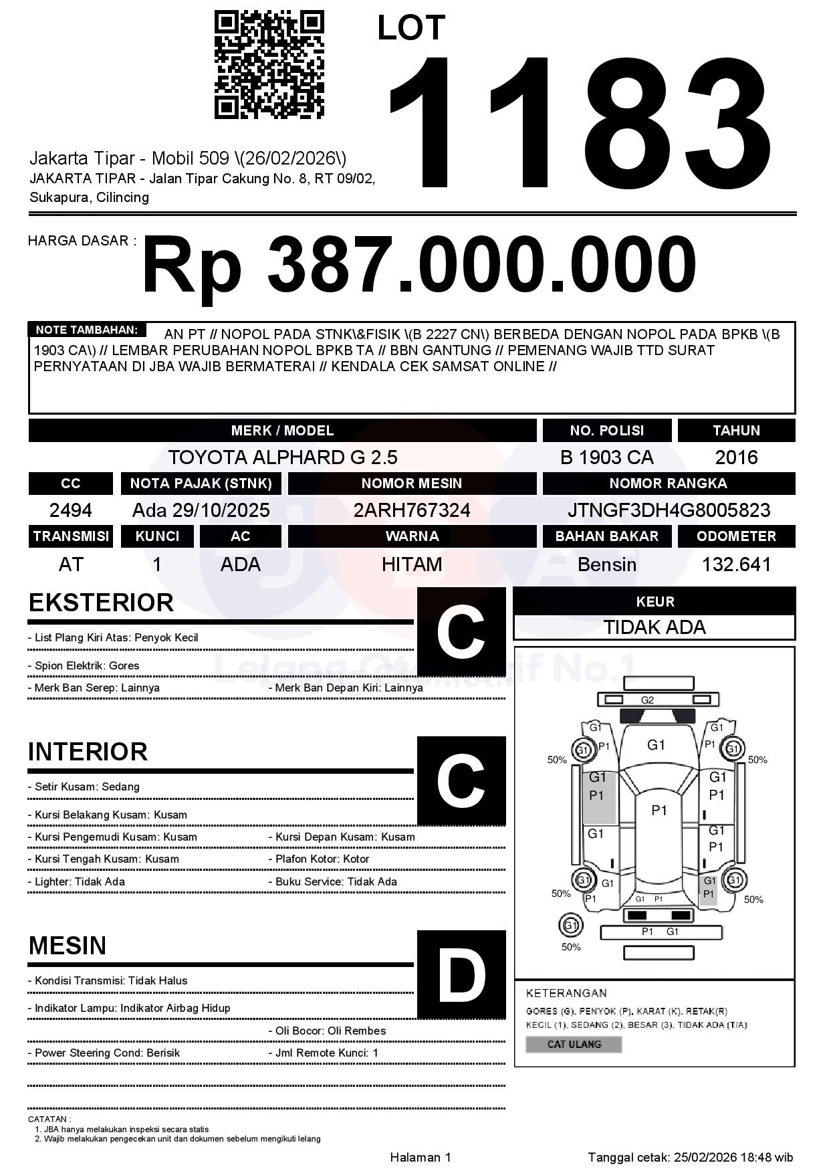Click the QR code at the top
coord(269,65)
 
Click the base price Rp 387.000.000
coord(419,265)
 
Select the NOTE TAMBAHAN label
coord(86,330)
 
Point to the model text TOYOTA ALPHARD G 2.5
coord(282,457)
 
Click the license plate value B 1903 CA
coord(606,457)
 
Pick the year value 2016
coord(736,457)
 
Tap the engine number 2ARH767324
coord(412,510)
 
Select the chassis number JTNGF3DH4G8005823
coord(669,510)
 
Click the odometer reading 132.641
coord(736,564)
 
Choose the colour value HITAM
coord(412,564)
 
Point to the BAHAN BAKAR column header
coord(606,536)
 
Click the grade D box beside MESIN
coord(461,974)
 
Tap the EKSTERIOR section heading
coord(101,603)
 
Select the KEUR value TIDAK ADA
coord(655,627)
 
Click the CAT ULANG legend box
coord(574,1044)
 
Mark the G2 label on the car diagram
coord(647,700)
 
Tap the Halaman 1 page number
coord(421,1157)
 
